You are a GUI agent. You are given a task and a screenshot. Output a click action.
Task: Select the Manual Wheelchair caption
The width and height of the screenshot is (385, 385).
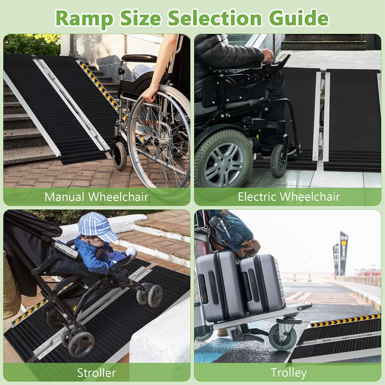(96, 197)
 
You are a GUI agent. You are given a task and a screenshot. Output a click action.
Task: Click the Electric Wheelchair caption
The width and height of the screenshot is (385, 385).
(289, 197)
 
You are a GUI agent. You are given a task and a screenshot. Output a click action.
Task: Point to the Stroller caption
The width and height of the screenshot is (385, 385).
(96, 373)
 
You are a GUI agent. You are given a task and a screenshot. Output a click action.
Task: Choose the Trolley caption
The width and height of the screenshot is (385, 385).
(289, 373)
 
